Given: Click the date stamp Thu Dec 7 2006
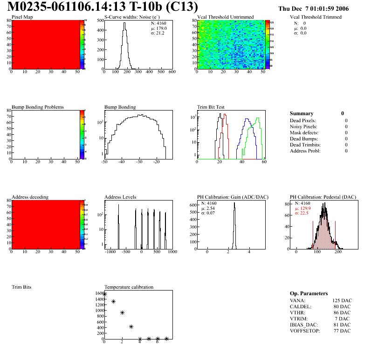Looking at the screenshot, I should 313,9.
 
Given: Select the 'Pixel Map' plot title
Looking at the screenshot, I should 22,17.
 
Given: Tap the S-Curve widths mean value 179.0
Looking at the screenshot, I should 162,28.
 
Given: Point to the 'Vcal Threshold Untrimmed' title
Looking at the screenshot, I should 225,17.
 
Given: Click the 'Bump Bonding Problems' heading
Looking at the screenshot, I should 37,107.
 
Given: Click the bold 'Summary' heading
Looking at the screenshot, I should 302,113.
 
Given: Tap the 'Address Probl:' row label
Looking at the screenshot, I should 305,151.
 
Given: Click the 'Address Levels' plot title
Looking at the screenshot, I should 120,197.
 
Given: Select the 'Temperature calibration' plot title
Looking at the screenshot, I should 129,287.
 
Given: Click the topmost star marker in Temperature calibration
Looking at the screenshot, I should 105,294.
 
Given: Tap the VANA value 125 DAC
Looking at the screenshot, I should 342,300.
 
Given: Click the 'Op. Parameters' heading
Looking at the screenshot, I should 309,293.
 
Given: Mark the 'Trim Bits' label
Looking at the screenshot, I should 21,287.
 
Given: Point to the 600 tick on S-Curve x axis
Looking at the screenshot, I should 172,72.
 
